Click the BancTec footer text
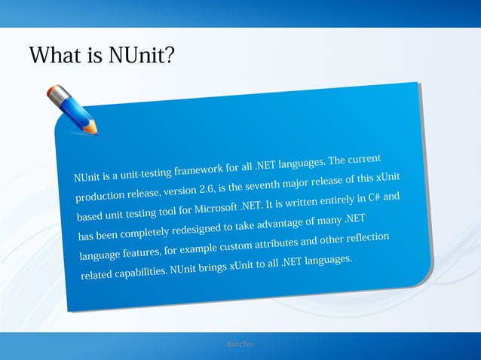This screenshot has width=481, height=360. (240, 345)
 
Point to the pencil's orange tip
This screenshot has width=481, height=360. (92, 130)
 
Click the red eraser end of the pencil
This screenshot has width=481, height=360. (52, 93)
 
